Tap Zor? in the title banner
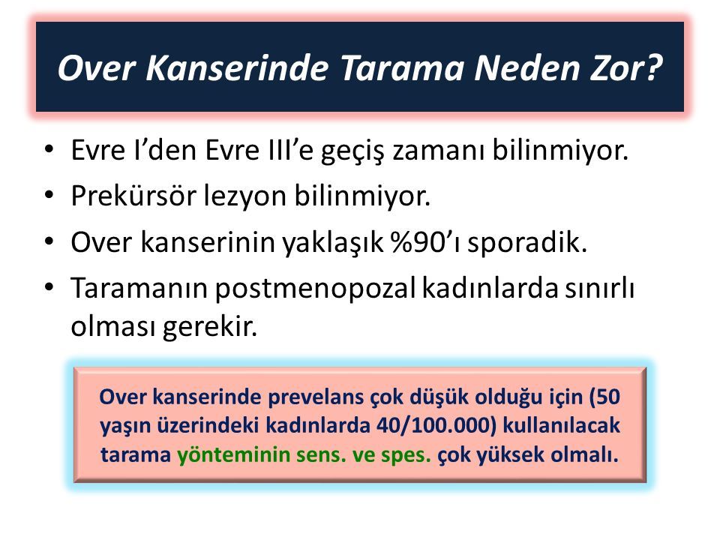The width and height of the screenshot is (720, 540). click(x=625, y=68)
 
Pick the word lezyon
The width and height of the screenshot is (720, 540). click(x=245, y=198)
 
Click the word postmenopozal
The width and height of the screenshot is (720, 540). click(x=316, y=290)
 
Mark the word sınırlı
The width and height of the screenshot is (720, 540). click(x=600, y=288)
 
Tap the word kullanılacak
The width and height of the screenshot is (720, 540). click(x=562, y=425)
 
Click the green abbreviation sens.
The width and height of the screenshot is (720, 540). click(x=321, y=455)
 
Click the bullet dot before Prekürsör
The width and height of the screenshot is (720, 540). click(x=49, y=196)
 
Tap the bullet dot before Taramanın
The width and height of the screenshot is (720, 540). click(x=49, y=287)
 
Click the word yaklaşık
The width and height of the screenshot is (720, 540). click(x=332, y=243)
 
